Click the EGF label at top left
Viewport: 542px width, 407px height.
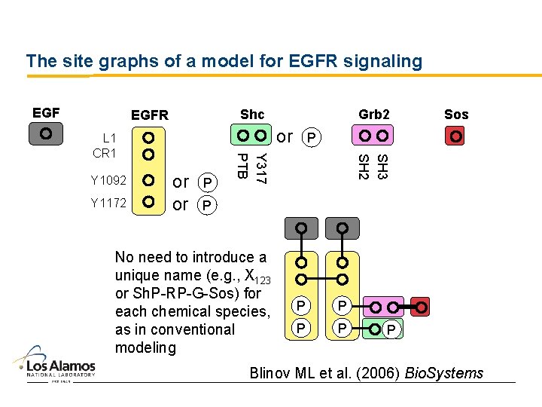46,113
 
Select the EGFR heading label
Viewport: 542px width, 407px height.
150,115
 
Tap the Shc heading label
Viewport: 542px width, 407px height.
252,115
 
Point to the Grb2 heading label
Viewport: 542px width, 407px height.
374,115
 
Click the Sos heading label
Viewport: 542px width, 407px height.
456,115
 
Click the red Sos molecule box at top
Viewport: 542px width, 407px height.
455,136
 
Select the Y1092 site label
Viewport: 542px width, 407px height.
108,181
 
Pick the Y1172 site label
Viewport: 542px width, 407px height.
108,202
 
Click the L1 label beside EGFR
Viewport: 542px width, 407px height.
109,138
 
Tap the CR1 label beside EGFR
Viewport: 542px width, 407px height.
104,153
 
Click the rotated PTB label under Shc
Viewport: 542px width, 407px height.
242,166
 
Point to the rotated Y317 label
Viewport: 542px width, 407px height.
260,168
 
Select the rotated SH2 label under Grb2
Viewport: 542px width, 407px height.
364,167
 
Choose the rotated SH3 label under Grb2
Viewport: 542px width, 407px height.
382,167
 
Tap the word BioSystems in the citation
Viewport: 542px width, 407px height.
444,373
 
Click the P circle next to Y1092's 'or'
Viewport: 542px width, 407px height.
207,183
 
